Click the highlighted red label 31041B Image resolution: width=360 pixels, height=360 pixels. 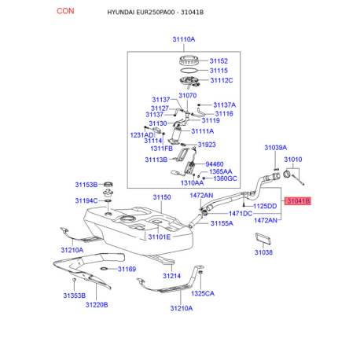click(x=298, y=201)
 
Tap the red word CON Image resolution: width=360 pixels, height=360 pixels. click(x=65, y=11)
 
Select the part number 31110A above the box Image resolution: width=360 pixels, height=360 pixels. click(x=184, y=39)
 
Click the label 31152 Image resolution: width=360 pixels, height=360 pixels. click(x=219, y=61)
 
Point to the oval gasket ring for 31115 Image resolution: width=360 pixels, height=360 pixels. click(x=189, y=70)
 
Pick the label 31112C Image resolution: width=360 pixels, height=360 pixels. click(x=222, y=80)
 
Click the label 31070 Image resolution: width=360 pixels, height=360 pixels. click(x=187, y=95)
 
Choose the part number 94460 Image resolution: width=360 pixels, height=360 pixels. click(x=215, y=164)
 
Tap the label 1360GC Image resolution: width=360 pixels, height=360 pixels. click(x=225, y=178)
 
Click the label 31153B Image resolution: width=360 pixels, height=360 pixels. click(x=86, y=185)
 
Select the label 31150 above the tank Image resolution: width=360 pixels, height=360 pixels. click(x=162, y=197)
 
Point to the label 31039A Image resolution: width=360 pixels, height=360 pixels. click(x=275, y=148)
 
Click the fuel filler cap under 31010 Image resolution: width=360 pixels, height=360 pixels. click(x=287, y=174)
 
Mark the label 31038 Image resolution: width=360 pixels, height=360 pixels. click(x=263, y=252)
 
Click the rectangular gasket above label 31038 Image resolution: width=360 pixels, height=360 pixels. click(x=263, y=238)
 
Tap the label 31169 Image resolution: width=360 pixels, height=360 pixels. click(x=127, y=269)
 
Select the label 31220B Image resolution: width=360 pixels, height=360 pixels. click(x=97, y=305)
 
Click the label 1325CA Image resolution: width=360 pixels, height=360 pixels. click(x=203, y=293)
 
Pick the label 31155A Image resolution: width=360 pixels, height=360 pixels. click(x=222, y=223)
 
